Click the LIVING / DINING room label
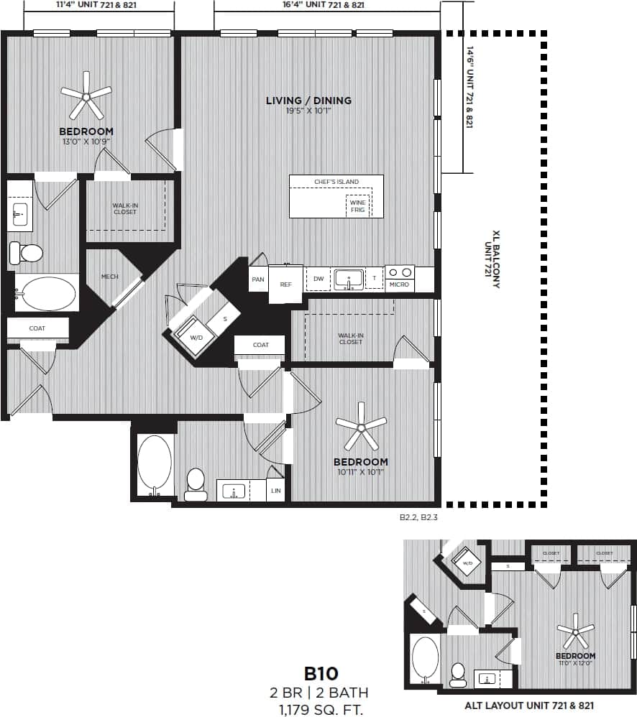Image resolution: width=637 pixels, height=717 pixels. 308,101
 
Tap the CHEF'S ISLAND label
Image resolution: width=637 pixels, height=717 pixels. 336,182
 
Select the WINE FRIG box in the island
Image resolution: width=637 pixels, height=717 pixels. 357,206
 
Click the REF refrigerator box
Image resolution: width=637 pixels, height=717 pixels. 285,285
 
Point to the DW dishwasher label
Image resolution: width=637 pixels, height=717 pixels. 318,279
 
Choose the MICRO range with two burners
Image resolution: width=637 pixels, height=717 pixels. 400,278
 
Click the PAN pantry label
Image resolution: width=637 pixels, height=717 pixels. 257,279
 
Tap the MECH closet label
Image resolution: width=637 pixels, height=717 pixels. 109,277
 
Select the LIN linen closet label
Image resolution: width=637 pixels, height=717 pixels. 275,491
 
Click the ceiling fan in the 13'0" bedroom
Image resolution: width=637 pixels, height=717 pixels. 86,94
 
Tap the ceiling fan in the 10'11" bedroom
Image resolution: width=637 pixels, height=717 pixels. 361,427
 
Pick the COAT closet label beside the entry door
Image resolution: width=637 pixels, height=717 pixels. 37,328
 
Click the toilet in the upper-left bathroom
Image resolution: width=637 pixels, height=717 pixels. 27,252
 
